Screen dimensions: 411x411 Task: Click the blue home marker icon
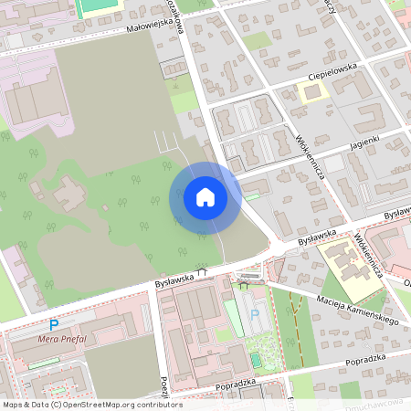tap(205, 197)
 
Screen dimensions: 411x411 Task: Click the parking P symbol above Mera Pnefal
tap(54, 324)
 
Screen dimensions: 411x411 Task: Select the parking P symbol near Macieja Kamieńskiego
tap(254, 315)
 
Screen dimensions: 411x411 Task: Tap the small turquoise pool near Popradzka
tap(256, 360)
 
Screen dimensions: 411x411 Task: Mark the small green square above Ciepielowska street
tap(257, 41)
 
